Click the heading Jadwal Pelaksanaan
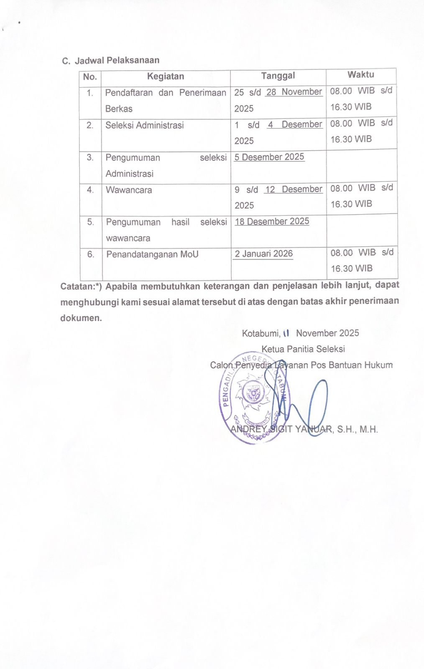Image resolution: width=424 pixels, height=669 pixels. tap(117, 60)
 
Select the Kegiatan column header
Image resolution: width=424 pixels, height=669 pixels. tap(166, 77)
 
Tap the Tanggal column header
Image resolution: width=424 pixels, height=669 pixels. tap(278, 76)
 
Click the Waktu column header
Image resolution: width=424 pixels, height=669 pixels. tap(360, 75)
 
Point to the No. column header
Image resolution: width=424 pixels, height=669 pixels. tap(90, 77)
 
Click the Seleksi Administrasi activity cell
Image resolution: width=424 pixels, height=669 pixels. tap(145, 125)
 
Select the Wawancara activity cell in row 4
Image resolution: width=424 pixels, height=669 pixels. tap(129, 190)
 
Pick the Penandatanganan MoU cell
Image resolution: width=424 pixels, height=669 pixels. tap(152, 255)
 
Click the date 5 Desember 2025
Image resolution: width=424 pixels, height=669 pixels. tap(269, 157)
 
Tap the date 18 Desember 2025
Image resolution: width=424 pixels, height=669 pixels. tap(272, 222)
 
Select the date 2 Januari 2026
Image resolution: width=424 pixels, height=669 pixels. tap(263, 254)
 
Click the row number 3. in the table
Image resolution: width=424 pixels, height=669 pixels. tap(90, 158)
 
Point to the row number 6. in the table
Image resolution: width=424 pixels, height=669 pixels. tap(91, 254)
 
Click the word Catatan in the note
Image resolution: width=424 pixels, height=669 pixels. tap(78, 287)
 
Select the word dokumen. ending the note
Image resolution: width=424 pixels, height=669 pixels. tap(81, 318)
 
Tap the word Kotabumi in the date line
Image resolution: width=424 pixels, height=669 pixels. tap(261, 334)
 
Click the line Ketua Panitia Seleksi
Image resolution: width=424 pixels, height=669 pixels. tap(303, 349)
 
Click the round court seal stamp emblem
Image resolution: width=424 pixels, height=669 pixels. tap(253, 397)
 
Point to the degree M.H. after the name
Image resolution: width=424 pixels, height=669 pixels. tap(368, 429)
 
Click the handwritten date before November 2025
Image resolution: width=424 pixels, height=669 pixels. tap(286, 333)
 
